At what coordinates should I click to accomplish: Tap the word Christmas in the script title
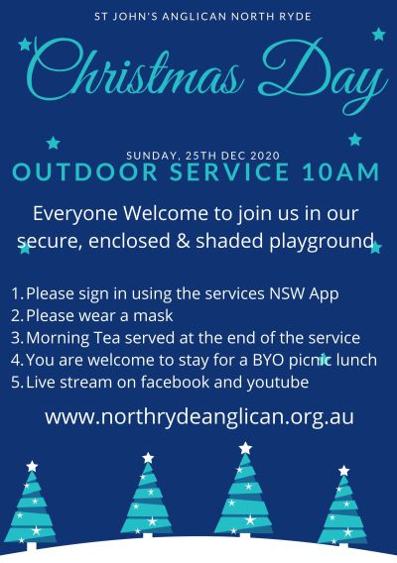click(134, 71)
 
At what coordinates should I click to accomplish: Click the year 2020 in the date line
click(265, 156)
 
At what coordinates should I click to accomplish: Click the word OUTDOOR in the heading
click(85, 171)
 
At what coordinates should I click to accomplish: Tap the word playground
click(321, 242)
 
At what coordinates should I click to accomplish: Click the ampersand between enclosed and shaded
click(183, 241)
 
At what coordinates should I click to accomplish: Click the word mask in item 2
click(153, 315)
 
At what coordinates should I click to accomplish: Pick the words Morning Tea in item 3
click(73, 339)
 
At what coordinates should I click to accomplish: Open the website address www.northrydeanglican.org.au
click(199, 417)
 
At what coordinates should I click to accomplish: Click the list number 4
click(17, 360)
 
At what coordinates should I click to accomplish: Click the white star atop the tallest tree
click(245, 448)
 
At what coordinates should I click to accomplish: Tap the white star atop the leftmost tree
click(32, 466)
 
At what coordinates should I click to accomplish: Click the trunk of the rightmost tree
click(343, 546)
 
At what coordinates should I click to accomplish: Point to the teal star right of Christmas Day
click(379, 35)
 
